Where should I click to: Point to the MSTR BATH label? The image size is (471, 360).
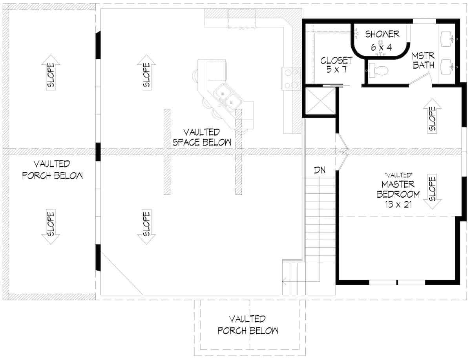[x=423, y=60]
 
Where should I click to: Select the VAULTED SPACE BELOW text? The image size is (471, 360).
[x=202, y=137]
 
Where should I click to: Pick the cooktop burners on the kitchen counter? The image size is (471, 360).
[x=291, y=78]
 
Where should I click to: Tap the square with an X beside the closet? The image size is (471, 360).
[x=320, y=102]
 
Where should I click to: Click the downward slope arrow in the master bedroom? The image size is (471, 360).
[x=431, y=192]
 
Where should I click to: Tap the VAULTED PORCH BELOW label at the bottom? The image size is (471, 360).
[x=248, y=325]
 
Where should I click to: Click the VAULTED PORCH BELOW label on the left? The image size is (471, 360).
[x=52, y=169]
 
